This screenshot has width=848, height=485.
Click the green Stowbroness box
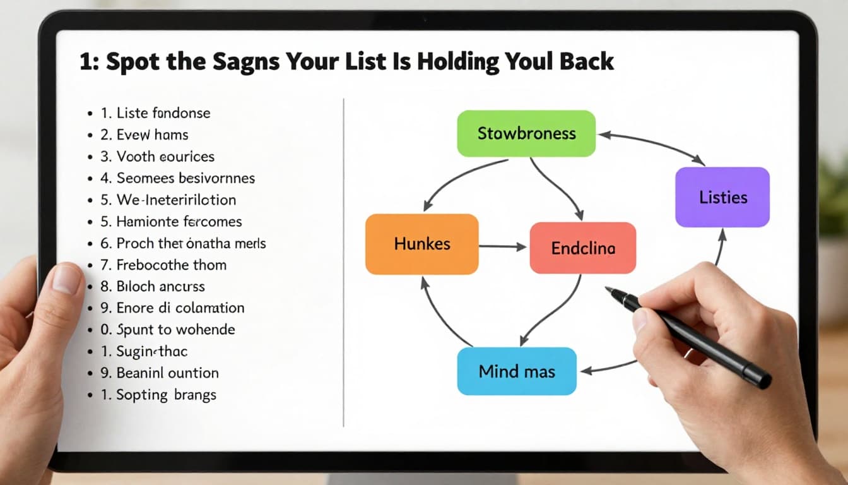click(x=526, y=133)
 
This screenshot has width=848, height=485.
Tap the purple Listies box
click(x=722, y=197)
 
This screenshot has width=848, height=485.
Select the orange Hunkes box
click(x=421, y=244)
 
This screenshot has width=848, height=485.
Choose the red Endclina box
click(x=582, y=248)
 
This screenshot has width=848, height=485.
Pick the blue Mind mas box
click(x=517, y=371)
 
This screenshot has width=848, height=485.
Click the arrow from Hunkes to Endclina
click(x=502, y=246)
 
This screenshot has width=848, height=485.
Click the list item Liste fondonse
click(x=163, y=114)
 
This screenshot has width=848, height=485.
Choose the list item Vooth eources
click(x=165, y=157)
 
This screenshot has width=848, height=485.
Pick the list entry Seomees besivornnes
click(x=185, y=178)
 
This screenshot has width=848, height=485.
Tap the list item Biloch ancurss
click(x=160, y=286)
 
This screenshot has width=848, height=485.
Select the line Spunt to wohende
click(x=175, y=330)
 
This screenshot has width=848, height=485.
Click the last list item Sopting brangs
click(x=166, y=395)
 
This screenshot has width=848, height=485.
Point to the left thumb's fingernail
click(x=67, y=278)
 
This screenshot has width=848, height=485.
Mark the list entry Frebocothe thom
click(x=171, y=265)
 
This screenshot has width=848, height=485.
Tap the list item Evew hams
click(x=152, y=135)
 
